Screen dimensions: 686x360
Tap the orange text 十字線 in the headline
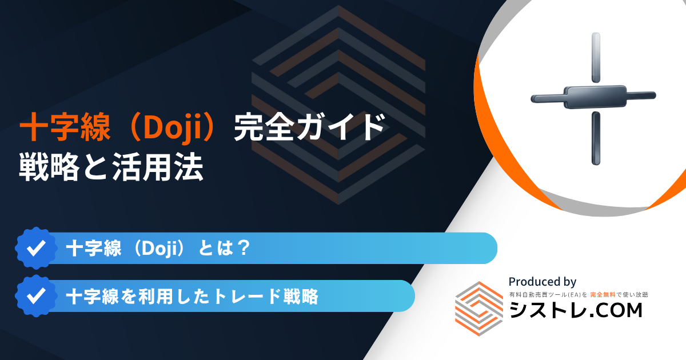tap(65, 127)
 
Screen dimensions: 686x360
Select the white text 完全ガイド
tap(309, 127)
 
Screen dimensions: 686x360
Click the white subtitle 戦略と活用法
tap(111, 167)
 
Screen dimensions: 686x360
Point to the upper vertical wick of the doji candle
tap(596, 57)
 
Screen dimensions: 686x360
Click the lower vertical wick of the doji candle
tap(596, 138)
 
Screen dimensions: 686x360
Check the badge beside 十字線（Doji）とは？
tap(36, 248)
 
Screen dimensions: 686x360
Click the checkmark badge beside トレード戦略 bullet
tap(36, 296)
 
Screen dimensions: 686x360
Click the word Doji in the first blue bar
tap(159, 248)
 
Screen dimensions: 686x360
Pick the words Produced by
tap(543, 282)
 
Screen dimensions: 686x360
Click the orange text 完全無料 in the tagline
tap(603, 295)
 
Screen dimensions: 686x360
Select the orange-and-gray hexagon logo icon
tap(479, 309)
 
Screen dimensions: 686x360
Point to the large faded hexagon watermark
tap(338, 105)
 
